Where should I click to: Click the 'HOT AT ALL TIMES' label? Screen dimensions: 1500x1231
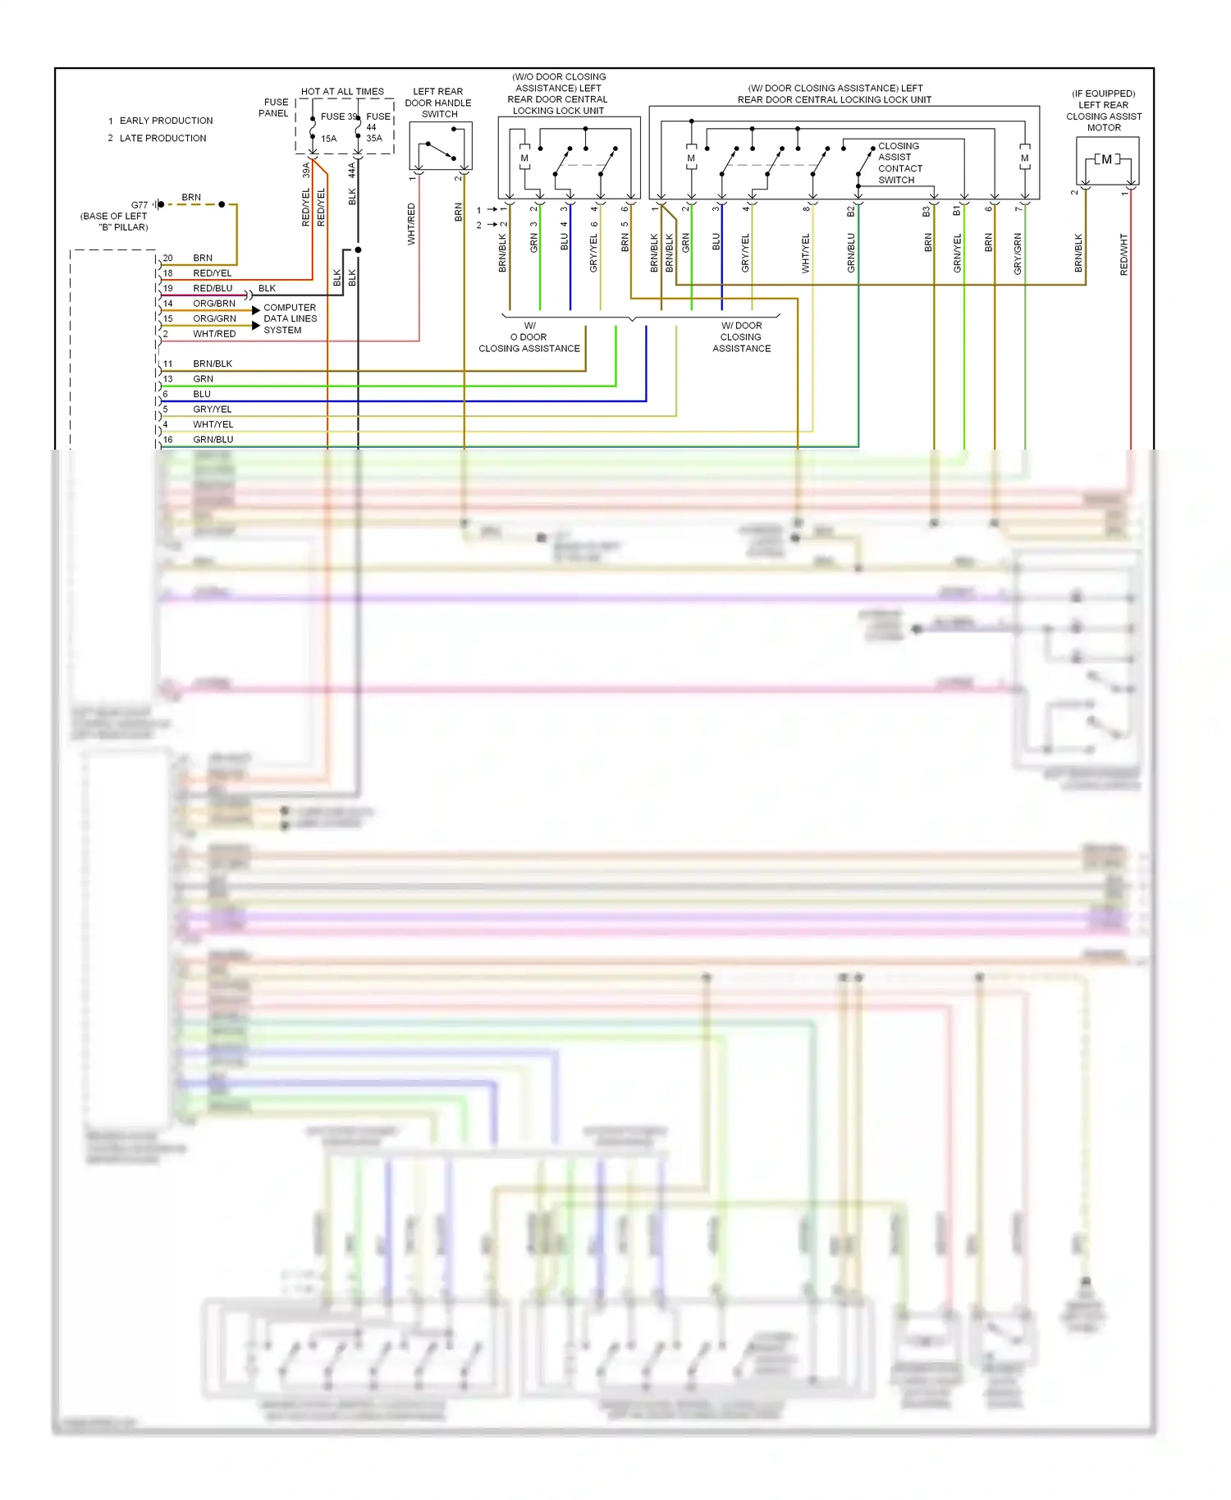(x=342, y=91)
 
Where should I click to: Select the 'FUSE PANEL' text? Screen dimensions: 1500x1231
(x=275, y=107)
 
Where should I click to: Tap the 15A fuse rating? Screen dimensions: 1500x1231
(x=329, y=139)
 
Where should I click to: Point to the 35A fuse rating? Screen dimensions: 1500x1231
(x=374, y=139)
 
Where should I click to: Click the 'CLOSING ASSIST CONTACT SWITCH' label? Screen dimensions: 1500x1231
(x=899, y=162)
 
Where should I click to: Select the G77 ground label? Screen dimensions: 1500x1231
(x=140, y=205)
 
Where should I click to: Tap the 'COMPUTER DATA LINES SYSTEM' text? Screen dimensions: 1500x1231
(x=290, y=318)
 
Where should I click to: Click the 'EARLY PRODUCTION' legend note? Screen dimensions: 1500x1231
(x=166, y=121)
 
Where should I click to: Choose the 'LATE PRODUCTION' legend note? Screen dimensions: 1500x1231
(x=162, y=138)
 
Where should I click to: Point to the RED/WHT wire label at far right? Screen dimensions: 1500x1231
(x=1124, y=254)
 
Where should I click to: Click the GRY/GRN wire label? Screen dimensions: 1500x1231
(x=1018, y=254)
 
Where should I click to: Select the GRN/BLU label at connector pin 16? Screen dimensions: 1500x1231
(x=213, y=440)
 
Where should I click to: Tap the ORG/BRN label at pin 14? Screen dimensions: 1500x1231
(x=214, y=304)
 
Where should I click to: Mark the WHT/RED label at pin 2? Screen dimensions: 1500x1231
(x=214, y=334)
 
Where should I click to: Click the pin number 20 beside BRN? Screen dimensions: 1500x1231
(x=167, y=258)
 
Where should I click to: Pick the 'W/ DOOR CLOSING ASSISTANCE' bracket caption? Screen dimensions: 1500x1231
(x=742, y=337)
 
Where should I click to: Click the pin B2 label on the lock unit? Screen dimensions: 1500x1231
(x=851, y=211)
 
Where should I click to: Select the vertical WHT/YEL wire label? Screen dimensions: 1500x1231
(x=805, y=253)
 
